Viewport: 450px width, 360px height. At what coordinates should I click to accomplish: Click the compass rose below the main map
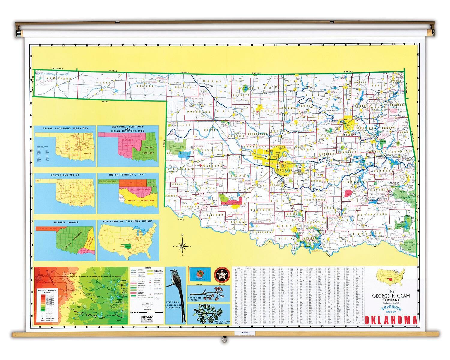182,246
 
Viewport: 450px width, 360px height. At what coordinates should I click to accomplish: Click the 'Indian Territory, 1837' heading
128,175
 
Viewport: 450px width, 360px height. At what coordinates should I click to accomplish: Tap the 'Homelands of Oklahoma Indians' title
128,221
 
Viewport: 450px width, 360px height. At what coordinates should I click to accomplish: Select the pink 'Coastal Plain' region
85,251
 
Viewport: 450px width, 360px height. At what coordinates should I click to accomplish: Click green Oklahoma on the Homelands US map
123,247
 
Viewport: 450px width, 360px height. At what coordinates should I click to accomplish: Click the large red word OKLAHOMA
391,320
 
